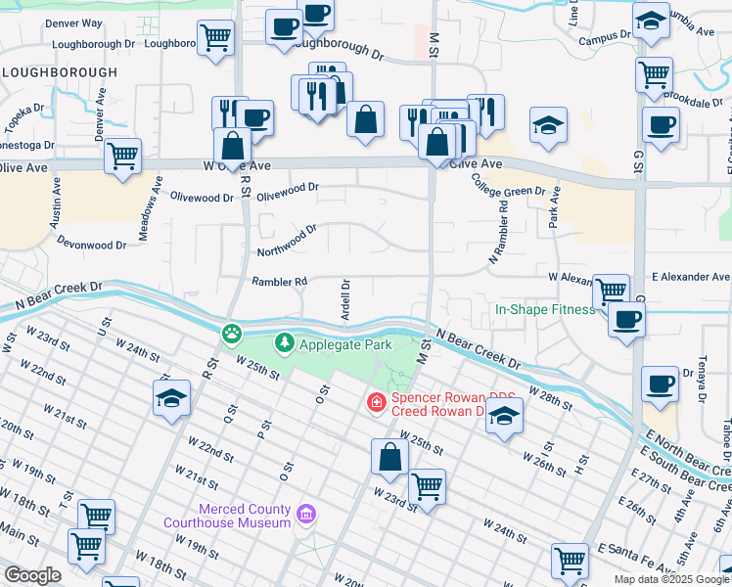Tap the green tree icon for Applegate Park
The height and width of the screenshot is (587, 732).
coord(285,343)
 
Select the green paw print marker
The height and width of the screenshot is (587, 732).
coord(231,335)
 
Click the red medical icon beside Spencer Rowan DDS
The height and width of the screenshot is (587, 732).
coord(375,401)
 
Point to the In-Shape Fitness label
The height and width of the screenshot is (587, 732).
coord(544,309)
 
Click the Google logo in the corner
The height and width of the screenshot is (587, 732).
coord(32,575)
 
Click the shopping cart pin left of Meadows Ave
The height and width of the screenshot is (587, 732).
coord(123,156)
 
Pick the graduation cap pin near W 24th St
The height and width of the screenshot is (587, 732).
coord(171,397)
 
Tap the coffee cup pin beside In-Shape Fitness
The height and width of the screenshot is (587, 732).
coord(626,318)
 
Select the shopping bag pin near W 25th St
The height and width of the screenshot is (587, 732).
coord(389,456)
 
